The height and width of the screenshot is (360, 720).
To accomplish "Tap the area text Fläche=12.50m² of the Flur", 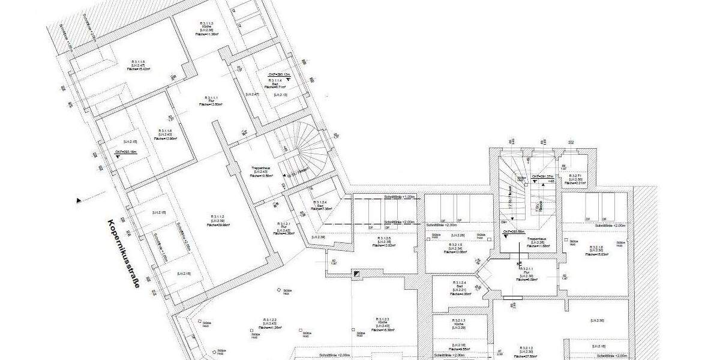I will pos(211,104).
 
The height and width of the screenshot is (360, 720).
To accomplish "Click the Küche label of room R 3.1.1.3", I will pos(206,28).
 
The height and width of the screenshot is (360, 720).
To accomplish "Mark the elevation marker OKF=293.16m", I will pos(126,152).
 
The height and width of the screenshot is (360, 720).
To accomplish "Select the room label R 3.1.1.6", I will pos(166,130).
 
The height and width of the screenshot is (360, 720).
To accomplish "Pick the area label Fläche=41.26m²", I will pos(269,328).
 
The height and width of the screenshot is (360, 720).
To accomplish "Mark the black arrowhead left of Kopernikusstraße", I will pos(79,200).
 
